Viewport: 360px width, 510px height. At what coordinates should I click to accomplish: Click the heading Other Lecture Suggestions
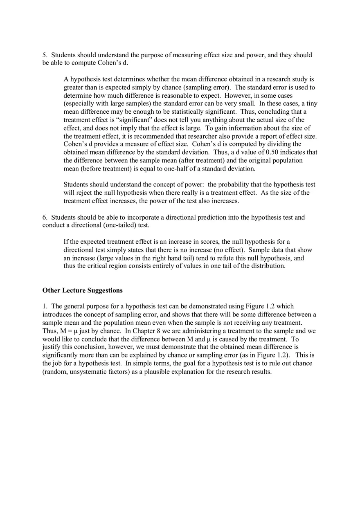point(82,290)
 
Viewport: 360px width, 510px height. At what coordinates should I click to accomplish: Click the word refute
point(220,258)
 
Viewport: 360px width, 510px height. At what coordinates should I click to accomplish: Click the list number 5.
point(45,55)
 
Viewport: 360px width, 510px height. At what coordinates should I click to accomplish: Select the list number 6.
point(45,218)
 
